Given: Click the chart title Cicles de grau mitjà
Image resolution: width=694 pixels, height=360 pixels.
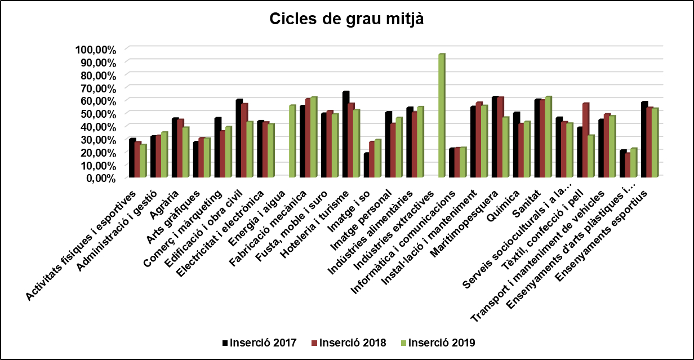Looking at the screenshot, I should point(346,19).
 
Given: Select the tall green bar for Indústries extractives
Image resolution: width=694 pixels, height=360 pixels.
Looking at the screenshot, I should point(441,115).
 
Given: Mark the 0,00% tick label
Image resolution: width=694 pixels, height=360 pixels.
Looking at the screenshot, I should point(100,178).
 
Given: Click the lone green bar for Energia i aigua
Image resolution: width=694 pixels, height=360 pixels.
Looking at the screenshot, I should point(292,141).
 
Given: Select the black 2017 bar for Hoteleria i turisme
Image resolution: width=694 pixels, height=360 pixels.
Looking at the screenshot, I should point(345,135).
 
